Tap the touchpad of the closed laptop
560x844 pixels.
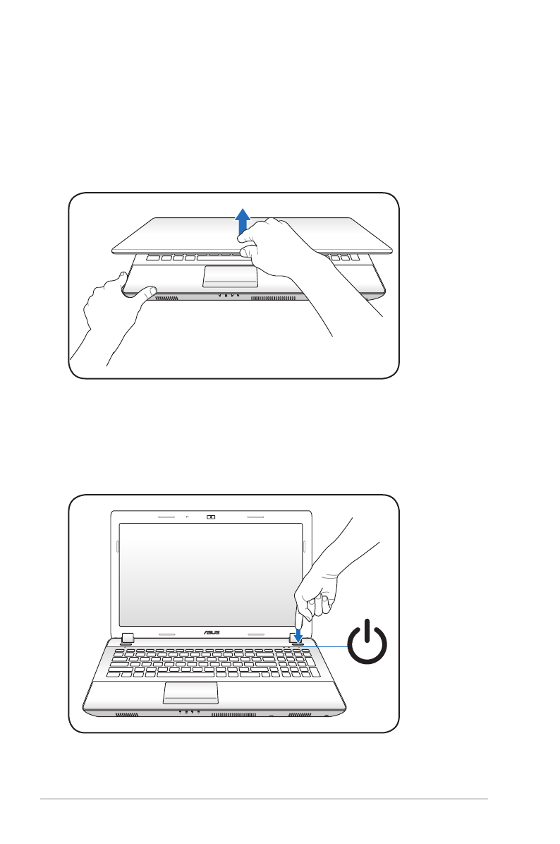pyautogui.click(x=230, y=277)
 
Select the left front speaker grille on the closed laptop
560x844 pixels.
pyautogui.click(x=167, y=298)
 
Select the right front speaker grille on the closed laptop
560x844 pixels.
pyautogui.click(x=279, y=298)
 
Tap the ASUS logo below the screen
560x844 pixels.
pyautogui.click(x=212, y=632)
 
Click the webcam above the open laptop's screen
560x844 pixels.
pyautogui.click(x=212, y=516)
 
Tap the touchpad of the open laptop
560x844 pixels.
pyautogui.click(x=190, y=693)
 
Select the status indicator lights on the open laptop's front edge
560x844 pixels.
pyautogui.click(x=189, y=712)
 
